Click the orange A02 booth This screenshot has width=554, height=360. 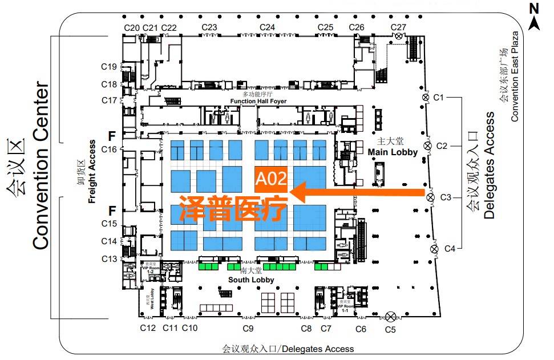pyautogui.click(x=270, y=178)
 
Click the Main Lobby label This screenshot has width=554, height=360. pyautogui.click(x=393, y=152)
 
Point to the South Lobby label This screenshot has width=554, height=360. pyautogui.click(x=251, y=280)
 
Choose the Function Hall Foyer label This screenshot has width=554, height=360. pyautogui.click(x=258, y=101)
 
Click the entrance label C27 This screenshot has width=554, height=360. pyautogui.click(x=398, y=27)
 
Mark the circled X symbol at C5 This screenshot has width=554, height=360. pyautogui.click(x=391, y=317)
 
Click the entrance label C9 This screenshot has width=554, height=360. pyautogui.click(x=248, y=329)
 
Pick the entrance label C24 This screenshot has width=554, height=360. pyautogui.click(x=267, y=27)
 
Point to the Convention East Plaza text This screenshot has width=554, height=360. pyautogui.click(x=515, y=76)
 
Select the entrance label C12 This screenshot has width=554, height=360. pyautogui.click(x=148, y=328)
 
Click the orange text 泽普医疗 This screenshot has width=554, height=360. pyautogui.click(x=233, y=209)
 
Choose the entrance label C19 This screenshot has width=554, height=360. pyautogui.click(x=109, y=67)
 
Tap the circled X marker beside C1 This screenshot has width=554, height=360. pyautogui.click(x=425, y=98)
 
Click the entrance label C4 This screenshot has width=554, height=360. pyautogui.click(x=450, y=248)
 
